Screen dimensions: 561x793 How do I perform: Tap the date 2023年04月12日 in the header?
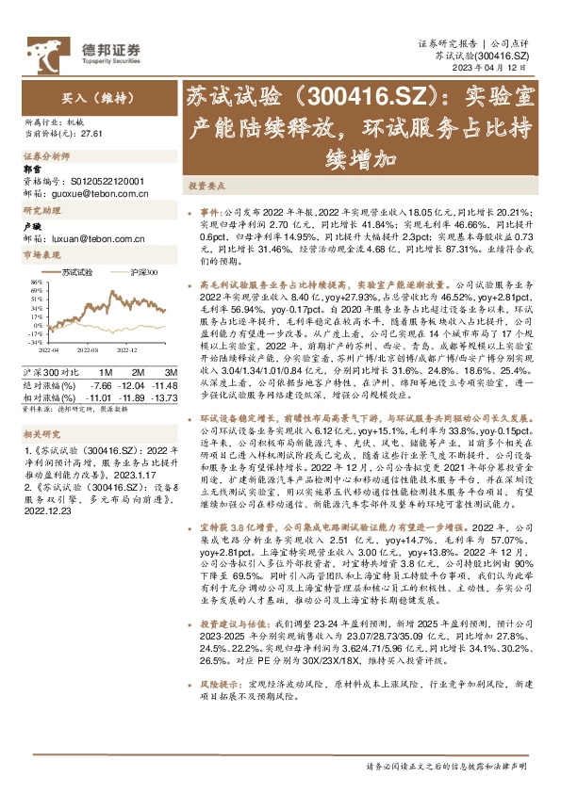point(509,68)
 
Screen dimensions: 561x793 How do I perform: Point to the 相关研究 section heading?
point(41,406)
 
